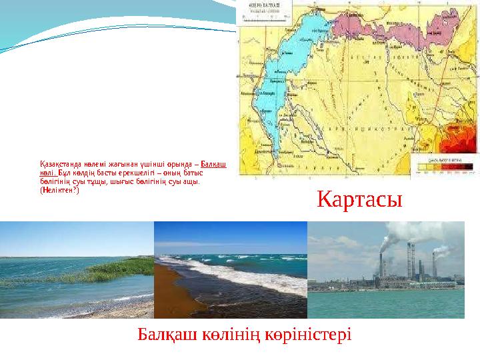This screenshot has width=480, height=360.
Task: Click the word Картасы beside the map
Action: tap(360, 199)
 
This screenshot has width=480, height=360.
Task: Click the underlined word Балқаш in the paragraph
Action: tap(213, 164)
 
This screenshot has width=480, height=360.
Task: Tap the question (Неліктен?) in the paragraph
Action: tap(59, 189)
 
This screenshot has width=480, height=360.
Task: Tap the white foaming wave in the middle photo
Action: tap(220, 274)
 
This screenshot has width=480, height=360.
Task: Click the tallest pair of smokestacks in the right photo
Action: tap(409, 260)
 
